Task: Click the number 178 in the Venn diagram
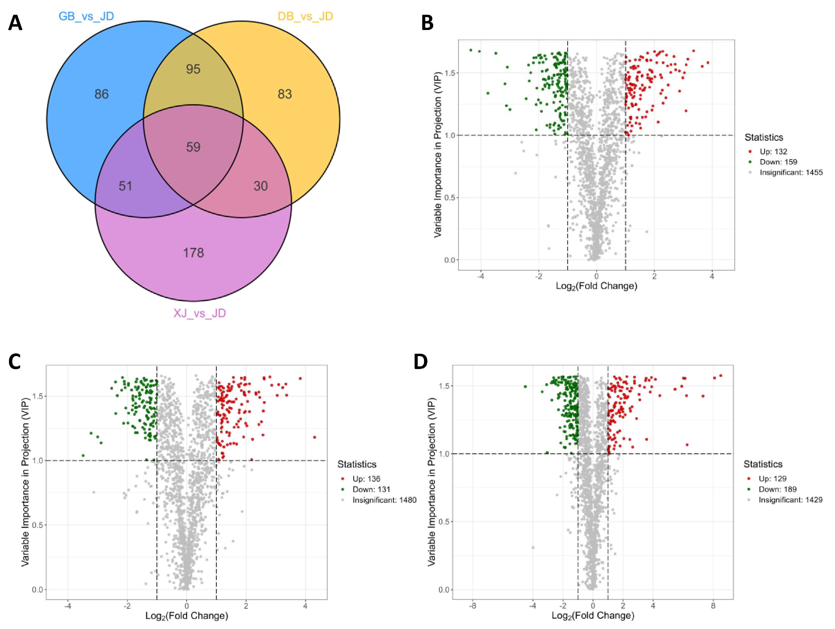click(x=193, y=252)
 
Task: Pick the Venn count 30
click(x=261, y=186)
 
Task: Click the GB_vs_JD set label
click(x=86, y=16)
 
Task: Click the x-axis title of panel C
click(x=187, y=616)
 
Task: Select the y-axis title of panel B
click(x=438, y=155)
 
